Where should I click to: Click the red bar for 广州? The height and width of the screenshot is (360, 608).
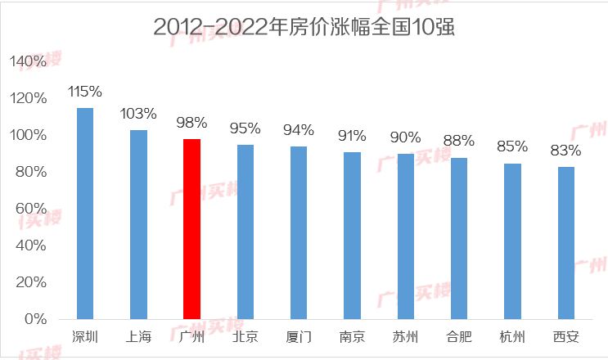tap(191, 228)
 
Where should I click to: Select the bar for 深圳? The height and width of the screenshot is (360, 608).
tap(85, 213)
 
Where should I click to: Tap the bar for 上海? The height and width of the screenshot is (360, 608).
tap(138, 224)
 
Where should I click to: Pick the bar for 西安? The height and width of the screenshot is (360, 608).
tap(566, 242)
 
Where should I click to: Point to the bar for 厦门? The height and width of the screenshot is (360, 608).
tap(299, 232)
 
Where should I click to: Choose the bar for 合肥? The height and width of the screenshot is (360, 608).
tap(459, 238)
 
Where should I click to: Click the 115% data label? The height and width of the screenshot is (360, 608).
tap(85, 91)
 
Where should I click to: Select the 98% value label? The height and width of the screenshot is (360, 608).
tap(191, 123)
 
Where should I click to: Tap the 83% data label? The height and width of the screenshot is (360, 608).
tap(566, 150)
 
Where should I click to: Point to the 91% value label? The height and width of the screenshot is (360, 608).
tap(352, 135)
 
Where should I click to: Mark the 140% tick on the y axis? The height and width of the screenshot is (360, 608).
tap(29, 61)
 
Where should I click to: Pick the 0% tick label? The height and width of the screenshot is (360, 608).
tap(36, 319)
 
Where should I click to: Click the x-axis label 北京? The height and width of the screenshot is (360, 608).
tap(245, 337)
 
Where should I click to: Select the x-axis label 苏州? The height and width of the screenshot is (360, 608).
tap(405, 337)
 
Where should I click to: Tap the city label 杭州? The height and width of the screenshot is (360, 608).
tap(512, 337)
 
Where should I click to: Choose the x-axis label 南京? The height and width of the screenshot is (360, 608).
tap(352, 337)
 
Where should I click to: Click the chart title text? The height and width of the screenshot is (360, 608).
tap(304, 26)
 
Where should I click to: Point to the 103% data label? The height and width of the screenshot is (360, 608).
tap(138, 113)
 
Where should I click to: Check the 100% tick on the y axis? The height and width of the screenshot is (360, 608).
tap(29, 135)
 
